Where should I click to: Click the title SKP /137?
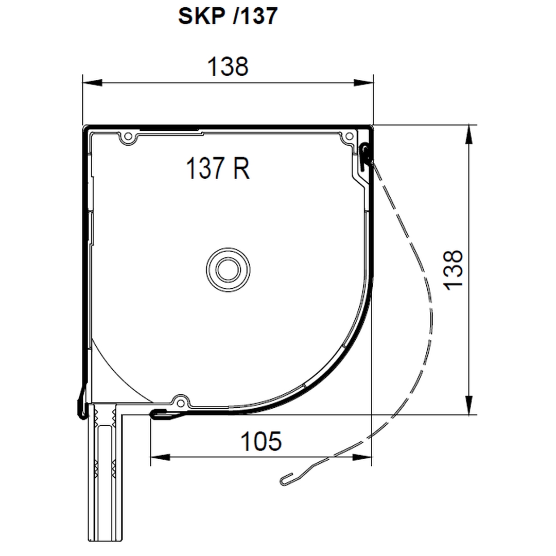(x=228, y=16)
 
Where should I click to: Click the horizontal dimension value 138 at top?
(x=228, y=66)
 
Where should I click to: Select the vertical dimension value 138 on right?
(x=454, y=270)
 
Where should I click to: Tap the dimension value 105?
(x=261, y=441)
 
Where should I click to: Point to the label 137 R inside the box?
(x=218, y=168)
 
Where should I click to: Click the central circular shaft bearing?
(x=228, y=270)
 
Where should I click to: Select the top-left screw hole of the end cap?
(x=128, y=136)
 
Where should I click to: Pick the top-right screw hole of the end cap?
(x=349, y=136)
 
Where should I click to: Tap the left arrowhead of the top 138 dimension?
(x=92, y=82)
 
